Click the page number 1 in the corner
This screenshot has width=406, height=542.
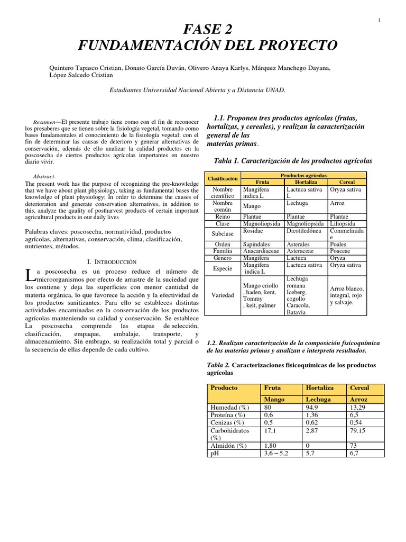click(x=380, y=20)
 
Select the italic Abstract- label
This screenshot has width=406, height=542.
click(x=44, y=176)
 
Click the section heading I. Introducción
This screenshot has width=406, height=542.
click(x=111, y=261)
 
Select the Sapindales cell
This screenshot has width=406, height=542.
click(x=256, y=245)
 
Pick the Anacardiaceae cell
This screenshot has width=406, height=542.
click(x=260, y=251)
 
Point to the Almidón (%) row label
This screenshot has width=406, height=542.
click(x=229, y=446)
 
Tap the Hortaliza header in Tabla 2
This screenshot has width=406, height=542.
click(x=320, y=387)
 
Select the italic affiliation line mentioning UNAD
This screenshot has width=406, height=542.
click(x=197, y=90)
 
